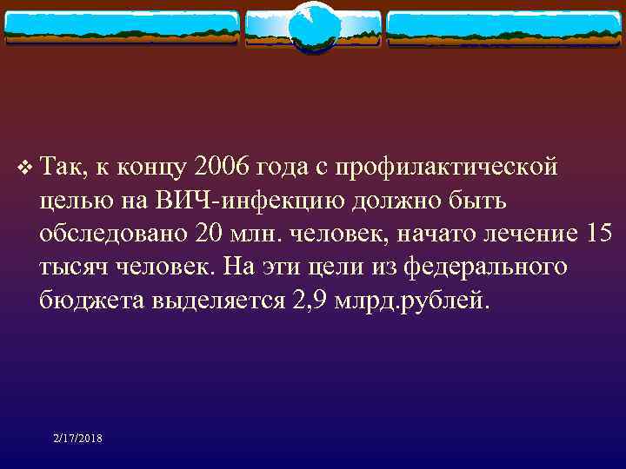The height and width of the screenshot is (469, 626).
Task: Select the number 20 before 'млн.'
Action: (209, 234)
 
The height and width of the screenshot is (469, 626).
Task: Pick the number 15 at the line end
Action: (600, 234)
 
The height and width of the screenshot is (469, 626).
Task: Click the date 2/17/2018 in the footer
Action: (77, 439)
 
